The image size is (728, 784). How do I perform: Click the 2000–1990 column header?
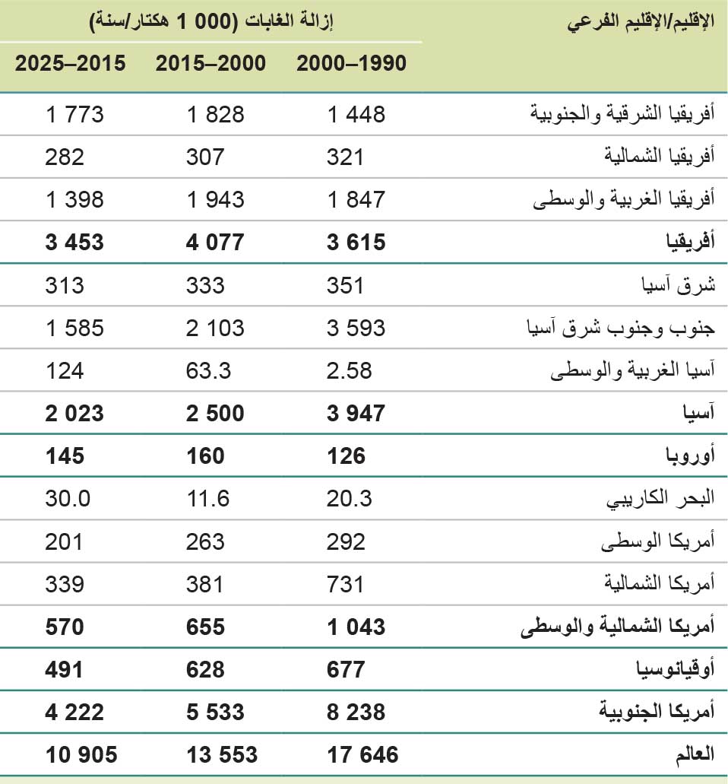[351, 64]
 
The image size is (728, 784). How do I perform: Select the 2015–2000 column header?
[210, 64]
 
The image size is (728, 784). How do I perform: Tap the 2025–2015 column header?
[71, 64]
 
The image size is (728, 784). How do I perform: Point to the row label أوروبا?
[688, 456]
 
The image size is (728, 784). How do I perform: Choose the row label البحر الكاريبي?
[660, 499]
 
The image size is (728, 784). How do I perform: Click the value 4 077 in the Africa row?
[215, 243]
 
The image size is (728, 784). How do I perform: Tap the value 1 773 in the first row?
[74, 115]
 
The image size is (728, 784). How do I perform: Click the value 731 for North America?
[346, 584]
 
